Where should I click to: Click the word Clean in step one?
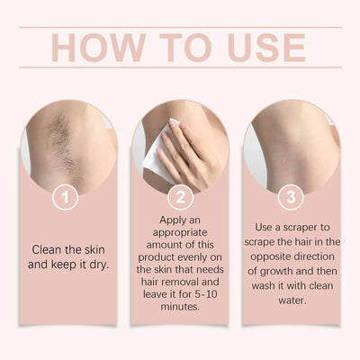pyautogui.click(x=46, y=249)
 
